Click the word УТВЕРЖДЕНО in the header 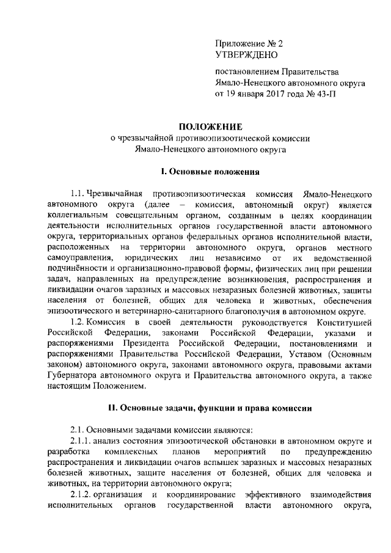pos(247,55)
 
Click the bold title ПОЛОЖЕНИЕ pos(210,127)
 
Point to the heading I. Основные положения pos(210,172)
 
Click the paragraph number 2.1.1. pos(82,441)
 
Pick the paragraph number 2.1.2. pos(82,494)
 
